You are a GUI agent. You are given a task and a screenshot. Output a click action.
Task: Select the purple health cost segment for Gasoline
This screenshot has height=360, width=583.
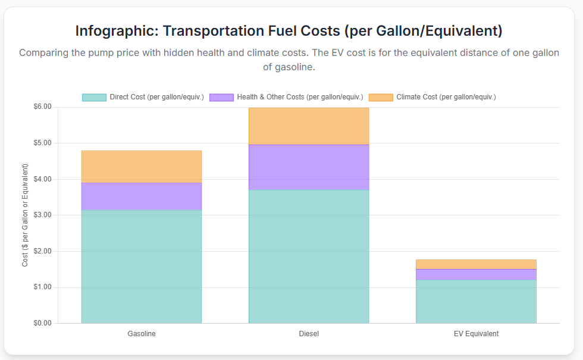coord(142,196)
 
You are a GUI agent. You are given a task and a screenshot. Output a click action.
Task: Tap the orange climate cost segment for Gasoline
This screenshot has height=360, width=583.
coord(142,167)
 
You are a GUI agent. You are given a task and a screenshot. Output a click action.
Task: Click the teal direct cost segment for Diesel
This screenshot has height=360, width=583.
coord(309,256)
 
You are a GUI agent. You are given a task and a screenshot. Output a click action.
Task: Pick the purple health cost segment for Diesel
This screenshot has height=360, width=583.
coord(309,167)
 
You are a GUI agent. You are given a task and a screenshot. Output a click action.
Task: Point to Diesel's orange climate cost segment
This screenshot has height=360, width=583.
coord(309,126)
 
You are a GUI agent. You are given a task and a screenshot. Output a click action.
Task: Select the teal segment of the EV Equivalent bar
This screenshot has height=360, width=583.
coord(476,301)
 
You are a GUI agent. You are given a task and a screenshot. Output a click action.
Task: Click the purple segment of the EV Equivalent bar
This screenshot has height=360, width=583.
coord(476,274)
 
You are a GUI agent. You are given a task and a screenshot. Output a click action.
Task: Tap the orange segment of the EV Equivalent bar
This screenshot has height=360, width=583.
coord(476,264)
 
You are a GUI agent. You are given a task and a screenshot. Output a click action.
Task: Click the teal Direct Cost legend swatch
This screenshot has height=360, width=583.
coord(94,97)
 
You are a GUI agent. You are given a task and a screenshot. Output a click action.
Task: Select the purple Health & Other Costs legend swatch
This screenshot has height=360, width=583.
coord(221,97)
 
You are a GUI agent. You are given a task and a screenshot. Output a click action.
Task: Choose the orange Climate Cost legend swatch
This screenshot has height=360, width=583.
coord(381,97)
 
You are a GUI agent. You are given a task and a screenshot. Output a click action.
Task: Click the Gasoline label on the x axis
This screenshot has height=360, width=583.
coord(142,334)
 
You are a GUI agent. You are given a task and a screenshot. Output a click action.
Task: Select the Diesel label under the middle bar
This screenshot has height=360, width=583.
coord(309,334)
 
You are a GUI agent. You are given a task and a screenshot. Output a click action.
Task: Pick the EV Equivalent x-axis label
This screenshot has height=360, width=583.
coord(476,334)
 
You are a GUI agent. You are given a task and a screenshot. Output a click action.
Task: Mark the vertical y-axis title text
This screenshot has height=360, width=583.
coord(25,215)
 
